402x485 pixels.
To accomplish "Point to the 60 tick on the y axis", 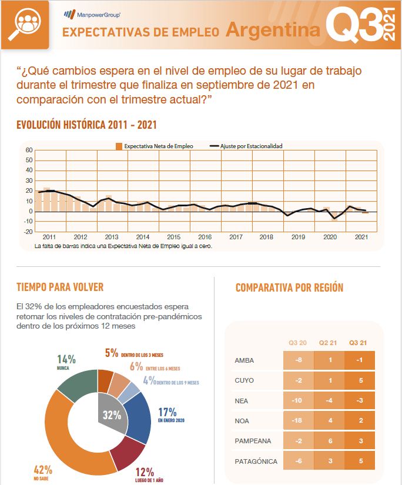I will tap(28, 150).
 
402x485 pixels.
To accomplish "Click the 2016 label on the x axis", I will tap(205, 237).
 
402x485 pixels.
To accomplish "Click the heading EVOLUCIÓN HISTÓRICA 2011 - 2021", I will tap(86, 125).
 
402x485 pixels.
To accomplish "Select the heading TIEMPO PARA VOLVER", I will tap(60, 287).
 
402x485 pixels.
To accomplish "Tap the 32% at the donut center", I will tap(112, 415).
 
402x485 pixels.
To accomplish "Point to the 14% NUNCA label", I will tap(66, 361).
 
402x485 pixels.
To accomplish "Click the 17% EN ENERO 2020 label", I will tap(171, 414).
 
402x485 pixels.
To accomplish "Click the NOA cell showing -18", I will tap(299, 420).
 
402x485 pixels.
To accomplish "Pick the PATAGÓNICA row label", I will tap(256, 461).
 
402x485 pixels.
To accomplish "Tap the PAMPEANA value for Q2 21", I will tap(329, 441).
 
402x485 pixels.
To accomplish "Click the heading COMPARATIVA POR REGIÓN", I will tap(289, 287).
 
